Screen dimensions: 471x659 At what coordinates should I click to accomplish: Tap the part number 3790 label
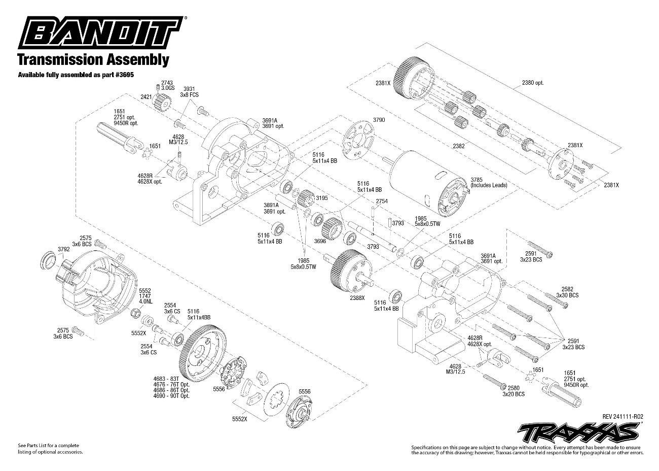pos(379,120)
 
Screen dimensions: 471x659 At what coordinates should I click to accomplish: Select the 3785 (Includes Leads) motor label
pos(488,182)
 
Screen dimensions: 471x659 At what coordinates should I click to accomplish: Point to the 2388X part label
pos(357,298)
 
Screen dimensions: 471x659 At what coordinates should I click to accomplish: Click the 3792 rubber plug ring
pos(49,260)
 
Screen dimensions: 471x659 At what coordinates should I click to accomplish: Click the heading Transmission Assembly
pos(93,59)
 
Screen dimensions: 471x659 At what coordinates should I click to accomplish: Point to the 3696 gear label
pos(320,241)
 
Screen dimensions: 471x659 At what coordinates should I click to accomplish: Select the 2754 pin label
pos(382,201)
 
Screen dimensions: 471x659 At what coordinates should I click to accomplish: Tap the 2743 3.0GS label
pos(167,85)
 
